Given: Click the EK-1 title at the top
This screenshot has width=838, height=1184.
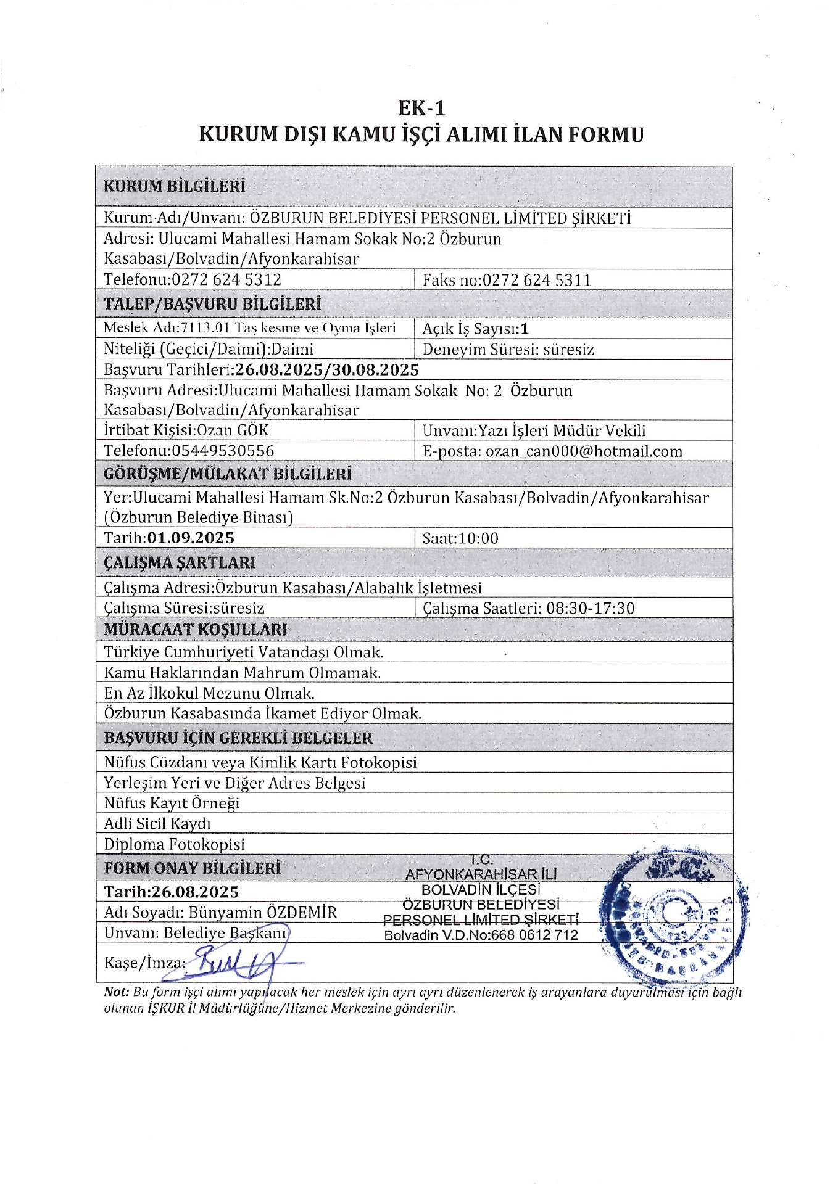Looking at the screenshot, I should click(x=421, y=108).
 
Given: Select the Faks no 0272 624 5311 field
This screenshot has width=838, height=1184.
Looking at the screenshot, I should click(x=507, y=280).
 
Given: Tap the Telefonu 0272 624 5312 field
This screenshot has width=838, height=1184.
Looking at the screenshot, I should click(x=193, y=279).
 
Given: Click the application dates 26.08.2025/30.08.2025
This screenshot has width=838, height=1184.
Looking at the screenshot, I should click(x=327, y=369).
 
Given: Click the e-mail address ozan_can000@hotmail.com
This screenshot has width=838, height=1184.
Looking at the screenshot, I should click(x=584, y=451).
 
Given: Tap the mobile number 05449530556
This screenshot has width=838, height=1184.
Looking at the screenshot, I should click(x=223, y=451).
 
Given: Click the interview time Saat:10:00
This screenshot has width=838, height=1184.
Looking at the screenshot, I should click(x=460, y=538).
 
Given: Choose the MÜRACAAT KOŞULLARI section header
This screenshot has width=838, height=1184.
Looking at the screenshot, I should click(x=195, y=630).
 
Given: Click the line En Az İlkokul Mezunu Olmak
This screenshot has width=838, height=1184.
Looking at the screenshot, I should click(x=209, y=693).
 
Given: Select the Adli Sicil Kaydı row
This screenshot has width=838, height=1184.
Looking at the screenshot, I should click(x=157, y=824).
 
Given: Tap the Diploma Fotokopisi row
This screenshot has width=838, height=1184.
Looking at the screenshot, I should click(x=174, y=844).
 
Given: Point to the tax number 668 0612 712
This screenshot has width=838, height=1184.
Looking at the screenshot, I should click(x=534, y=935).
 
